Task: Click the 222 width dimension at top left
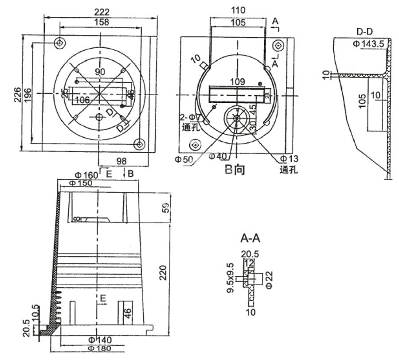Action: tap(101, 11)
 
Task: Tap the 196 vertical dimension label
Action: tap(27, 94)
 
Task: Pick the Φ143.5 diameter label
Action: tap(368, 44)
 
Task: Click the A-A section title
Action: tap(250, 240)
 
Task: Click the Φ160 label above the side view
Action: tap(80, 174)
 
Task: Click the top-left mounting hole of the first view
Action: tap(59, 43)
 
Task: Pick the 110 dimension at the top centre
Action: tap(238, 10)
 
